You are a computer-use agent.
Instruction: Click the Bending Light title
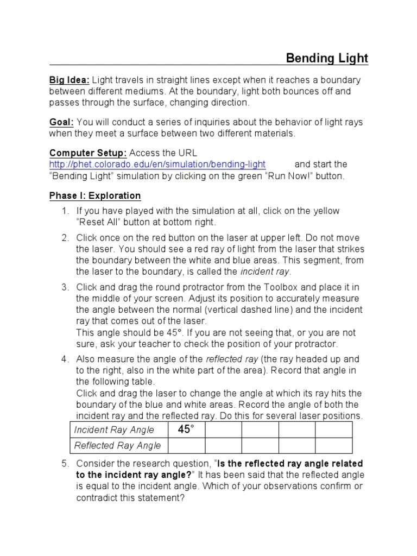coord(327,58)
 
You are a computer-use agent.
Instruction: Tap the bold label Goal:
coord(61,122)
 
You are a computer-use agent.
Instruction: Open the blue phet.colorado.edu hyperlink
coord(157,164)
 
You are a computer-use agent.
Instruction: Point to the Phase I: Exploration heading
coord(95,195)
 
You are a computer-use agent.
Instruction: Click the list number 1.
coord(65,211)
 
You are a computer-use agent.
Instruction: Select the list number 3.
coord(65,287)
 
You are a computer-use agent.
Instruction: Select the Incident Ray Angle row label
coord(114,430)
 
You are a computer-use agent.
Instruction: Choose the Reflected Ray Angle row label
coord(117,446)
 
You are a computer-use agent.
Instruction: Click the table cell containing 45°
coord(186,429)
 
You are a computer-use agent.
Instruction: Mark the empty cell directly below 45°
coord(186,446)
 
